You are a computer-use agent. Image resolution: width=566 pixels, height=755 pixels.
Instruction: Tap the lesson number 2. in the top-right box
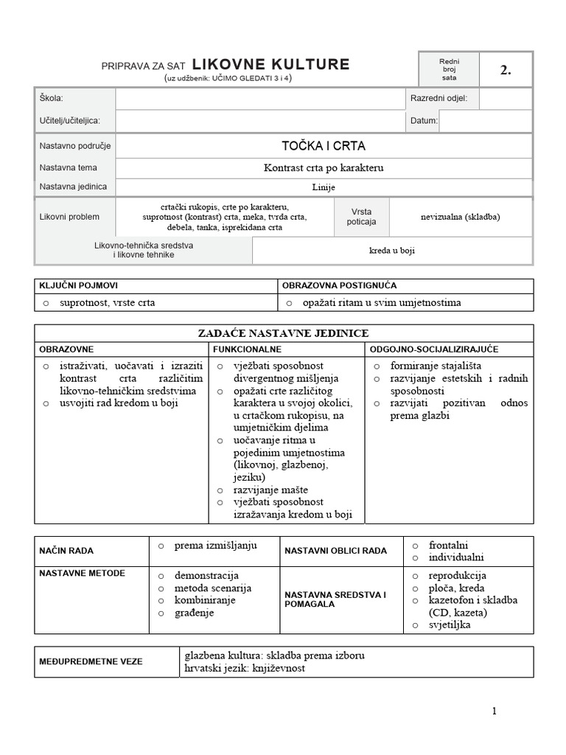(x=505, y=71)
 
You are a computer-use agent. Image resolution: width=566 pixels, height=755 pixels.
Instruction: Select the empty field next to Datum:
(x=485, y=121)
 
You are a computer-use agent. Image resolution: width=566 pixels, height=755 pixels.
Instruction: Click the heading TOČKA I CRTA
(x=324, y=146)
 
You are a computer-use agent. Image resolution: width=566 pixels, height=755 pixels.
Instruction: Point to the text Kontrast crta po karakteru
(x=324, y=168)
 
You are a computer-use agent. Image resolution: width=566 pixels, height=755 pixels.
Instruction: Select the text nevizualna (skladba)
(x=460, y=217)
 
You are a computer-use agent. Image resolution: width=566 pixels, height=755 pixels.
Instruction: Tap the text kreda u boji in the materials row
(x=392, y=251)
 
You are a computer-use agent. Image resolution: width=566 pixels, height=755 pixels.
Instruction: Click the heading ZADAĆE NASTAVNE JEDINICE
(x=284, y=333)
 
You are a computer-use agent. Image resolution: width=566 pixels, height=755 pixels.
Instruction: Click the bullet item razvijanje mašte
(x=270, y=490)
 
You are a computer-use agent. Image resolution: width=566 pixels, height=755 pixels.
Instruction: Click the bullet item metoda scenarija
(x=213, y=588)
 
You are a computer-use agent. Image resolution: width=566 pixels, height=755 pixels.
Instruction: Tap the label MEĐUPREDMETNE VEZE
(x=91, y=661)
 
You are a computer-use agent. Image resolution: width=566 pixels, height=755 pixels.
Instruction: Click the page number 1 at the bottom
(x=495, y=711)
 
